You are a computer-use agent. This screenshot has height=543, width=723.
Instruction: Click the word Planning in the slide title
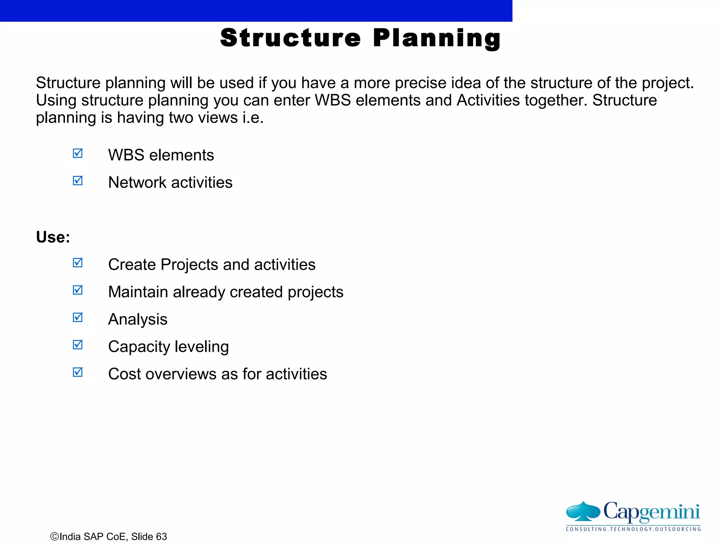(437, 38)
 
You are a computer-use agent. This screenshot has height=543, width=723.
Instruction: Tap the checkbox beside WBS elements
(78, 153)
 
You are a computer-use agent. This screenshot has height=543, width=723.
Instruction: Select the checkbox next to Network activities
(78, 181)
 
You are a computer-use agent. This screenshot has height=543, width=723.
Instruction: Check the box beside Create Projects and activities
(78, 263)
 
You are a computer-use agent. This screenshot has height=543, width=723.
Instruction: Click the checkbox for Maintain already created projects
(78, 290)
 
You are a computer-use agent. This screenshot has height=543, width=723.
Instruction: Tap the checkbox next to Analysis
(78, 317)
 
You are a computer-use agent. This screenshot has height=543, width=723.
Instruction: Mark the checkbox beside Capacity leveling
(78, 345)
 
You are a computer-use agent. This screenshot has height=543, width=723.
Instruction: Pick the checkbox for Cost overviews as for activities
(78, 372)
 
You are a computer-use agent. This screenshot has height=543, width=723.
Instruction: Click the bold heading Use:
(53, 237)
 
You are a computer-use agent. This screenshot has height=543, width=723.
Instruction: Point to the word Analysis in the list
(138, 320)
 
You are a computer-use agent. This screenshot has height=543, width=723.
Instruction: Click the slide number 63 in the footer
(161, 537)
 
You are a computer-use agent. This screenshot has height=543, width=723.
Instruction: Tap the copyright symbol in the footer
(54, 537)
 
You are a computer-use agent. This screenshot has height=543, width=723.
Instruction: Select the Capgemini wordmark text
(651, 512)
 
